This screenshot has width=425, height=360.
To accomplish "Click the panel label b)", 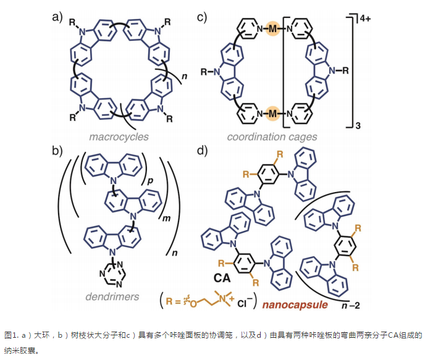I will (x=57, y=150).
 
